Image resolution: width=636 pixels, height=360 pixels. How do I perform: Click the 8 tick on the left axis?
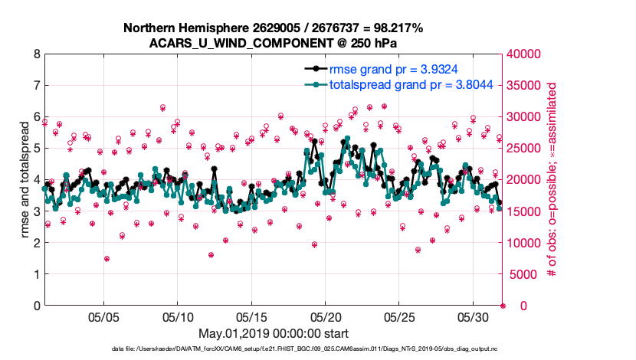point(36,54)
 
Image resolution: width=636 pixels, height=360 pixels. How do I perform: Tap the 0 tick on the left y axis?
point(36,306)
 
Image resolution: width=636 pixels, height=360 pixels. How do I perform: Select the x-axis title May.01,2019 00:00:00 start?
point(274,333)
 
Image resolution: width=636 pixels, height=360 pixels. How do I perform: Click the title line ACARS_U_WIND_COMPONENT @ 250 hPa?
point(274,42)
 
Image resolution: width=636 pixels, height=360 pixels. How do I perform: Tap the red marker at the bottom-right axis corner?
point(503,306)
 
